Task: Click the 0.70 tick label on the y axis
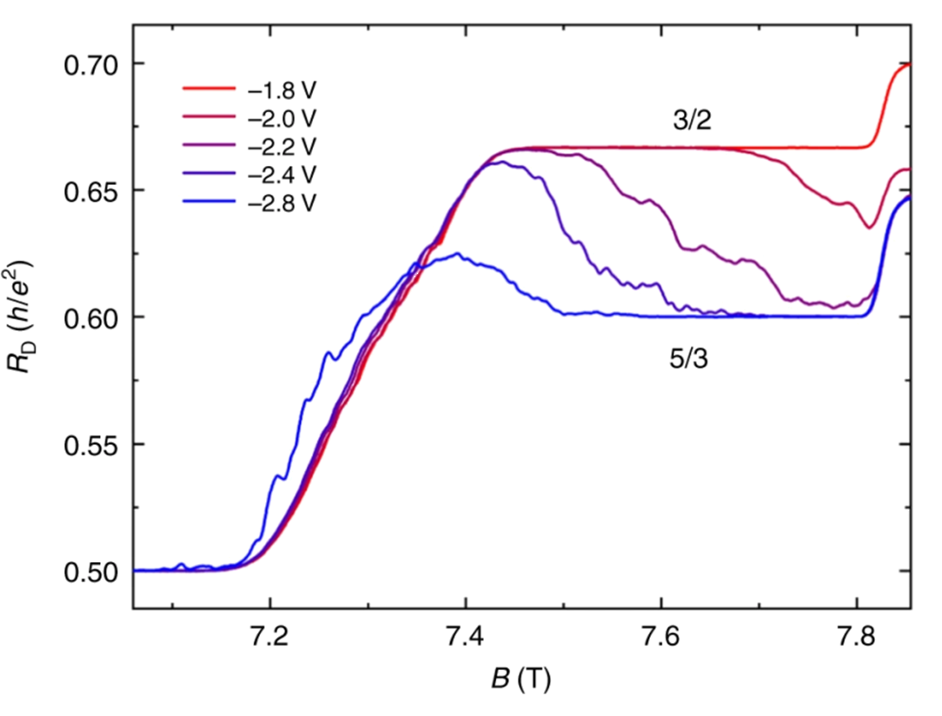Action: pyautogui.click(x=90, y=64)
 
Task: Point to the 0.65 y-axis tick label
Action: pyautogui.click(x=90, y=191)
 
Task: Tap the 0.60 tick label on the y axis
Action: pyautogui.click(x=90, y=317)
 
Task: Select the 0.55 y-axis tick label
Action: pyautogui.click(x=90, y=444)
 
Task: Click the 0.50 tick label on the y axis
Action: pyautogui.click(x=90, y=571)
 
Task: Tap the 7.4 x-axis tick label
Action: pyautogui.click(x=466, y=636)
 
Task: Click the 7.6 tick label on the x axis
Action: pyautogui.click(x=661, y=636)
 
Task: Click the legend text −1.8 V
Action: pyautogui.click(x=281, y=89)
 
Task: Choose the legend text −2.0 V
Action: pyautogui.click(x=281, y=117)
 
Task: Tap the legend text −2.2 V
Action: pyautogui.click(x=281, y=145)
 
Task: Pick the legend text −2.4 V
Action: pyautogui.click(x=281, y=173)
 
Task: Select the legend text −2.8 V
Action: pyautogui.click(x=281, y=201)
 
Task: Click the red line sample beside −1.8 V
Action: pyautogui.click(x=209, y=89)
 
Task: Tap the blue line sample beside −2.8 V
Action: pyautogui.click(x=209, y=201)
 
